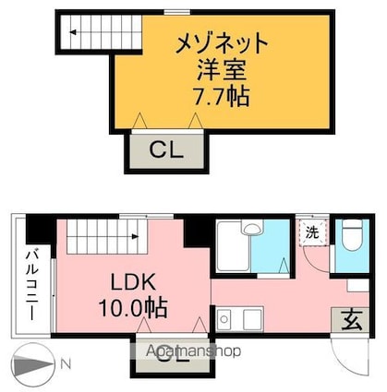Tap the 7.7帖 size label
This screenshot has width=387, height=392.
click(x=222, y=95)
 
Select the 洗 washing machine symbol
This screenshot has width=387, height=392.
click(x=312, y=232)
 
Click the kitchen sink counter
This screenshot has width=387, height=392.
click(x=241, y=320)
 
